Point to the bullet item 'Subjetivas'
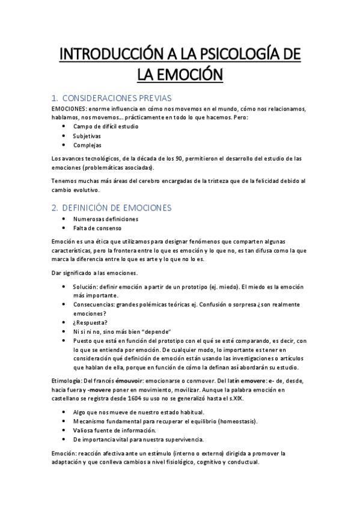tap(87, 136)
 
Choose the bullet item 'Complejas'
tap(87, 145)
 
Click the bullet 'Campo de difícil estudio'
tap(106, 127)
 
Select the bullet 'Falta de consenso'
tap(98, 228)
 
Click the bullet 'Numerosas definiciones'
tap(105, 219)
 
